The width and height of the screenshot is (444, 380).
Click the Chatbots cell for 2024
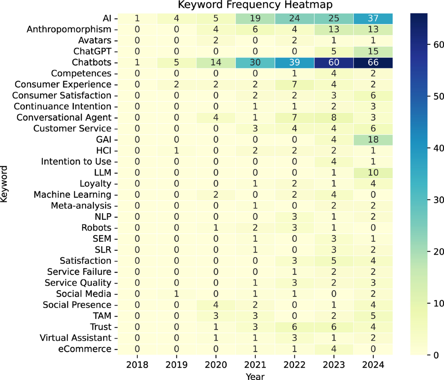(x=373, y=63)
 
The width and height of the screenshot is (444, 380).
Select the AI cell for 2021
(x=255, y=19)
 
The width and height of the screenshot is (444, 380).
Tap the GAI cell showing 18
(x=373, y=139)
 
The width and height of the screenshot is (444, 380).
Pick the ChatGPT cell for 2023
(x=334, y=51)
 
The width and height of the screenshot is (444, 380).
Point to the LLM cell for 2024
(x=373, y=173)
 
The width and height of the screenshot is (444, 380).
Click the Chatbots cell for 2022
(x=295, y=63)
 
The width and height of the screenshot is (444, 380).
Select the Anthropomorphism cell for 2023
(x=334, y=30)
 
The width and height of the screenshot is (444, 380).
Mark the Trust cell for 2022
(x=295, y=327)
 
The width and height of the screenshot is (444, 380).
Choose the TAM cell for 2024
(x=373, y=316)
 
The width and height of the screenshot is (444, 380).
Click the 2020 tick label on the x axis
(x=216, y=365)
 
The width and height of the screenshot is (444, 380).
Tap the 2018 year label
(x=137, y=365)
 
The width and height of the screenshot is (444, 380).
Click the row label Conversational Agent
(x=64, y=118)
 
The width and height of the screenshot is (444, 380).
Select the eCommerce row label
(x=85, y=349)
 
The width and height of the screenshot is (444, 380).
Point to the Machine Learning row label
(x=72, y=195)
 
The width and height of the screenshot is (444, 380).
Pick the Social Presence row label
(x=77, y=305)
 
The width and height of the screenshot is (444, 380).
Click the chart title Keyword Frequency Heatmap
(x=255, y=5)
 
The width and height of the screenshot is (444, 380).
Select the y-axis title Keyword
(x=4, y=184)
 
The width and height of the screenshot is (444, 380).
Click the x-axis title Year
(x=255, y=376)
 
